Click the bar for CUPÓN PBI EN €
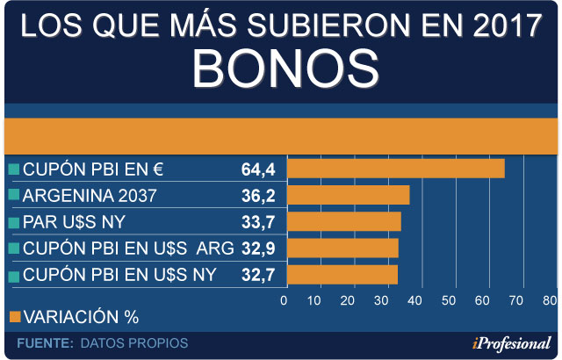[396, 169]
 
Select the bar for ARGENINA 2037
[349, 195]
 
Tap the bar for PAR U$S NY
[344, 221]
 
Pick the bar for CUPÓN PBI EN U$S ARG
[343, 248]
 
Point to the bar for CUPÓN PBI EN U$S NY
[342, 275]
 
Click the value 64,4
[258, 169]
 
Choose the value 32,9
[258, 248]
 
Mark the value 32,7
[258, 276]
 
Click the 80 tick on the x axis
[549, 300]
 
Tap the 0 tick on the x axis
[284, 300]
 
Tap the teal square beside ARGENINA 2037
[13, 196]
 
